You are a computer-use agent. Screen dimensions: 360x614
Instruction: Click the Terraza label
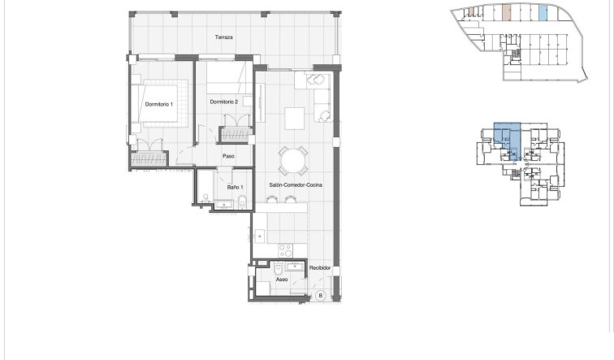tap(224, 37)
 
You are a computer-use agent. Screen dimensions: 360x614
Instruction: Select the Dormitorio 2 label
tap(223, 102)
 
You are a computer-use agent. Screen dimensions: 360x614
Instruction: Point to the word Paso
tap(229, 157)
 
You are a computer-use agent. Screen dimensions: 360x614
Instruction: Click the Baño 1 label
tap(236, 187)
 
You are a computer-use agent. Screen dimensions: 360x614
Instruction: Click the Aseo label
tap(282, 279)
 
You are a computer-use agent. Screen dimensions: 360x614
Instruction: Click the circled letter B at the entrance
tap(321, 294)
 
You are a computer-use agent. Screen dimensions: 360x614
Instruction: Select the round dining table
tap(292, 159)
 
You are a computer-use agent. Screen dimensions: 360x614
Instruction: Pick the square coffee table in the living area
tap(294, 117)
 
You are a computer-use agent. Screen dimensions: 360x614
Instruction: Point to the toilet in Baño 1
tap(205, 195)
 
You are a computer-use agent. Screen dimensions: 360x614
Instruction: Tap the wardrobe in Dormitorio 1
tap(149, 158)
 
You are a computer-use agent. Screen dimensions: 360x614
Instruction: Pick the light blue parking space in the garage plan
tap(543, 14)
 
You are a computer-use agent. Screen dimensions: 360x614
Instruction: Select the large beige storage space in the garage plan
tap(507, 13)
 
